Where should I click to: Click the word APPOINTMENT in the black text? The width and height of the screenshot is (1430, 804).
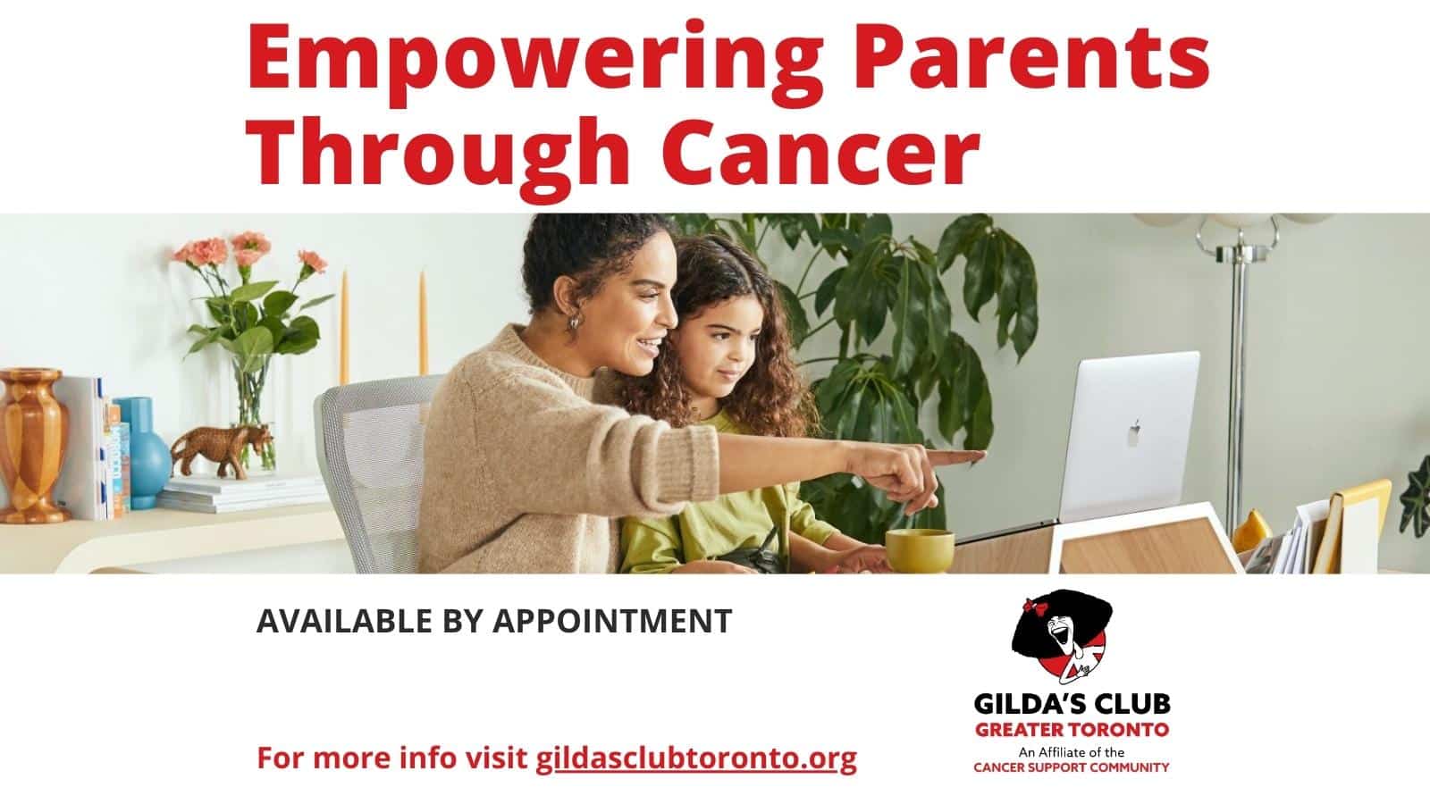pyautogui.click(x=612, y=621)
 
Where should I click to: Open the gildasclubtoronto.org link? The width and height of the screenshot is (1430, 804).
pyautogui.click(x=696, y=758)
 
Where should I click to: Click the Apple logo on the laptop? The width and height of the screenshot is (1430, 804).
pyautogui.click(x=1134, y=432)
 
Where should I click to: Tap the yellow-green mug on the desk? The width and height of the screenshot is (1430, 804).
pyautogui.click(x=920, y=549)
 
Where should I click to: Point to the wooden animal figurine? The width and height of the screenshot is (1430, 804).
pyautogui.click(x=223, y=449)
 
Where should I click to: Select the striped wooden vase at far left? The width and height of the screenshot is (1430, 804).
pyautogui.click(x=32, y=445)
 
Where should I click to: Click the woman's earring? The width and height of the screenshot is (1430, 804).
pyautogui.click(x=575, y=320)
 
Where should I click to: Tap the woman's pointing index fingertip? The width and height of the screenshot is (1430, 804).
pyautogui.click(x=980, y=455)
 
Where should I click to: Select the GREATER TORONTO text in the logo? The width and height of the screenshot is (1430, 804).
pyautogui.click(x=1072, y=729)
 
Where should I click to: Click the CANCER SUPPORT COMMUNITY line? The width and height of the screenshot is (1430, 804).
pyautogui.click(x=1072, y=767)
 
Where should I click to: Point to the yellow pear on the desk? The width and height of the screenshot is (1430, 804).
pyautogui.click(x=1252, y=531)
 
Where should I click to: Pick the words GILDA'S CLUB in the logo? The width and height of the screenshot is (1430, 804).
pyautogui.click(x=1072, y=704)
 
